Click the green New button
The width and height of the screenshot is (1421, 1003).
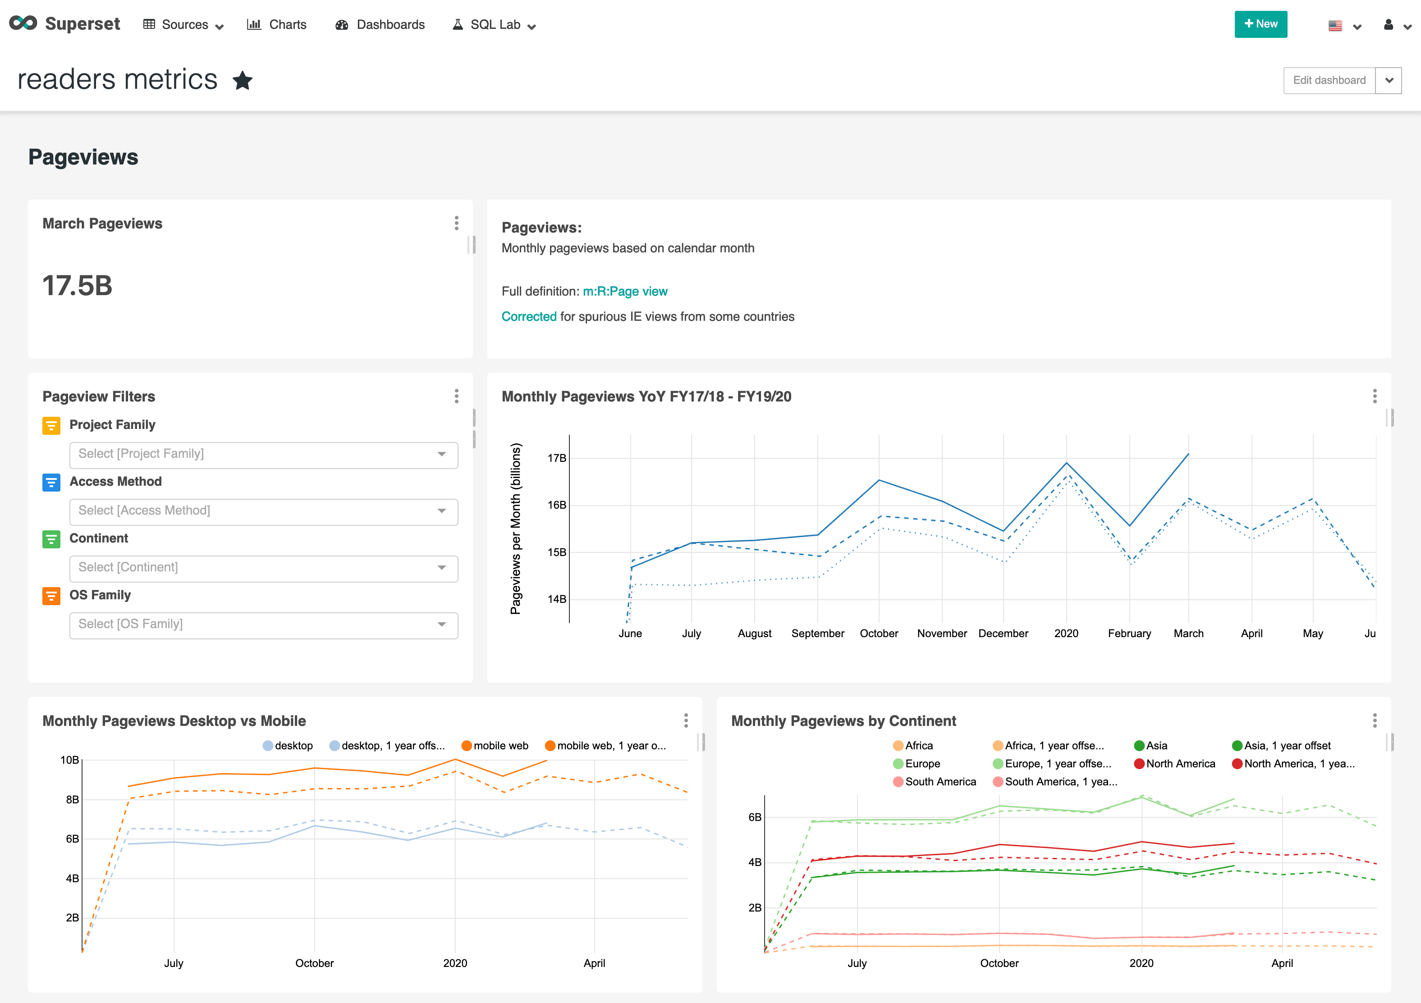1260,24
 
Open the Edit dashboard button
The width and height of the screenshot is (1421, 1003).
1329,81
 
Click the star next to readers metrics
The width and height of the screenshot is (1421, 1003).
243,81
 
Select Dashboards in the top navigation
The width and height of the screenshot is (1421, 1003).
380,25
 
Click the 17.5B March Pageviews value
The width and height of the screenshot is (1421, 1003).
78,286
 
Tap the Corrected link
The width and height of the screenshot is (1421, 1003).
528,317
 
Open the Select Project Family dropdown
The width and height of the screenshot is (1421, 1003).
263,454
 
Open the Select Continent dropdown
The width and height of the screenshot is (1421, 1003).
263,567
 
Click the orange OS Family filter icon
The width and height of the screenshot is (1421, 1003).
51,596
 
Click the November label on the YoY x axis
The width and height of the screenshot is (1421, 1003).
941,634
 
